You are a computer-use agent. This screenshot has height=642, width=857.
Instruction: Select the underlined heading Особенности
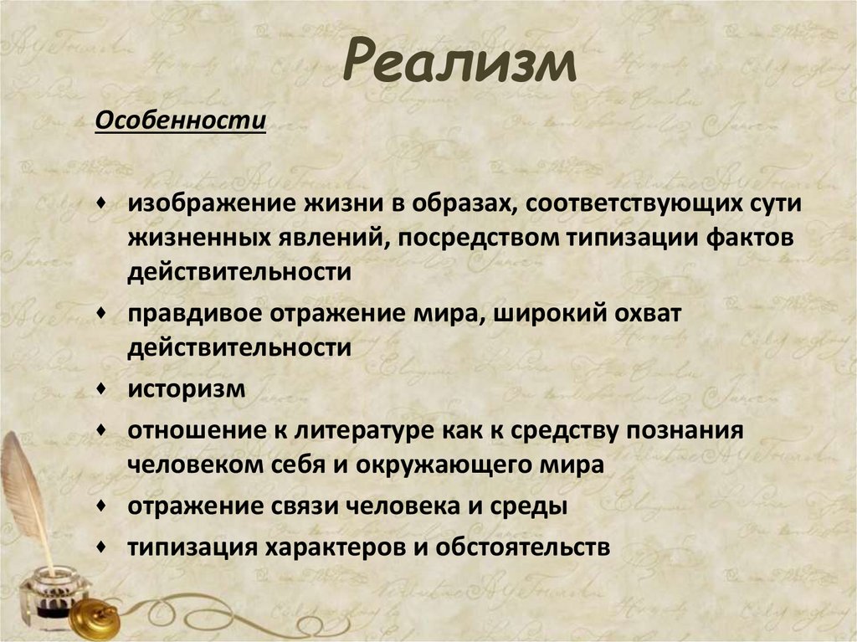pos(180,122)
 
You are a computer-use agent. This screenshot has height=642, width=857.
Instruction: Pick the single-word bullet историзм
pos(187,389)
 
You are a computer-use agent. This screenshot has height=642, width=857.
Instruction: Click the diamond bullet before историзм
pos(101,389)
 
